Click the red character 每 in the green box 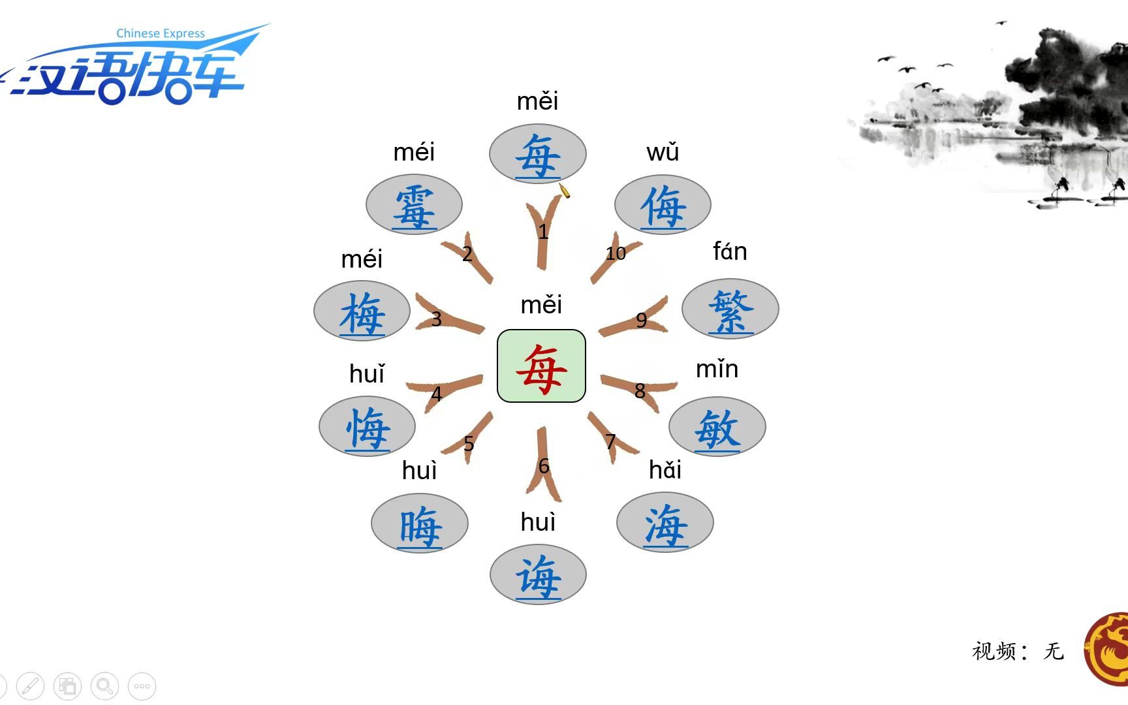click(541, 368)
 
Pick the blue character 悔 click(368, 428)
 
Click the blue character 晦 click(420, 525)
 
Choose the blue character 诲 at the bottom click(539, 576)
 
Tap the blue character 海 click(665, 524)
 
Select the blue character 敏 click(717, 429)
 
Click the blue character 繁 click(730, 311)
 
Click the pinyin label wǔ click(663, 152)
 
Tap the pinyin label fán click(730, 251)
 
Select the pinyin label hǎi click(665, 470)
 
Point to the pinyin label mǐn click(717, 369)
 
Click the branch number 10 click(616, 253)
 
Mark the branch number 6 click(544, 466)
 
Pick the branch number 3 click(436, 319)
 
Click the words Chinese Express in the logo click(161, 33)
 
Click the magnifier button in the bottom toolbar click(104, 686)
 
